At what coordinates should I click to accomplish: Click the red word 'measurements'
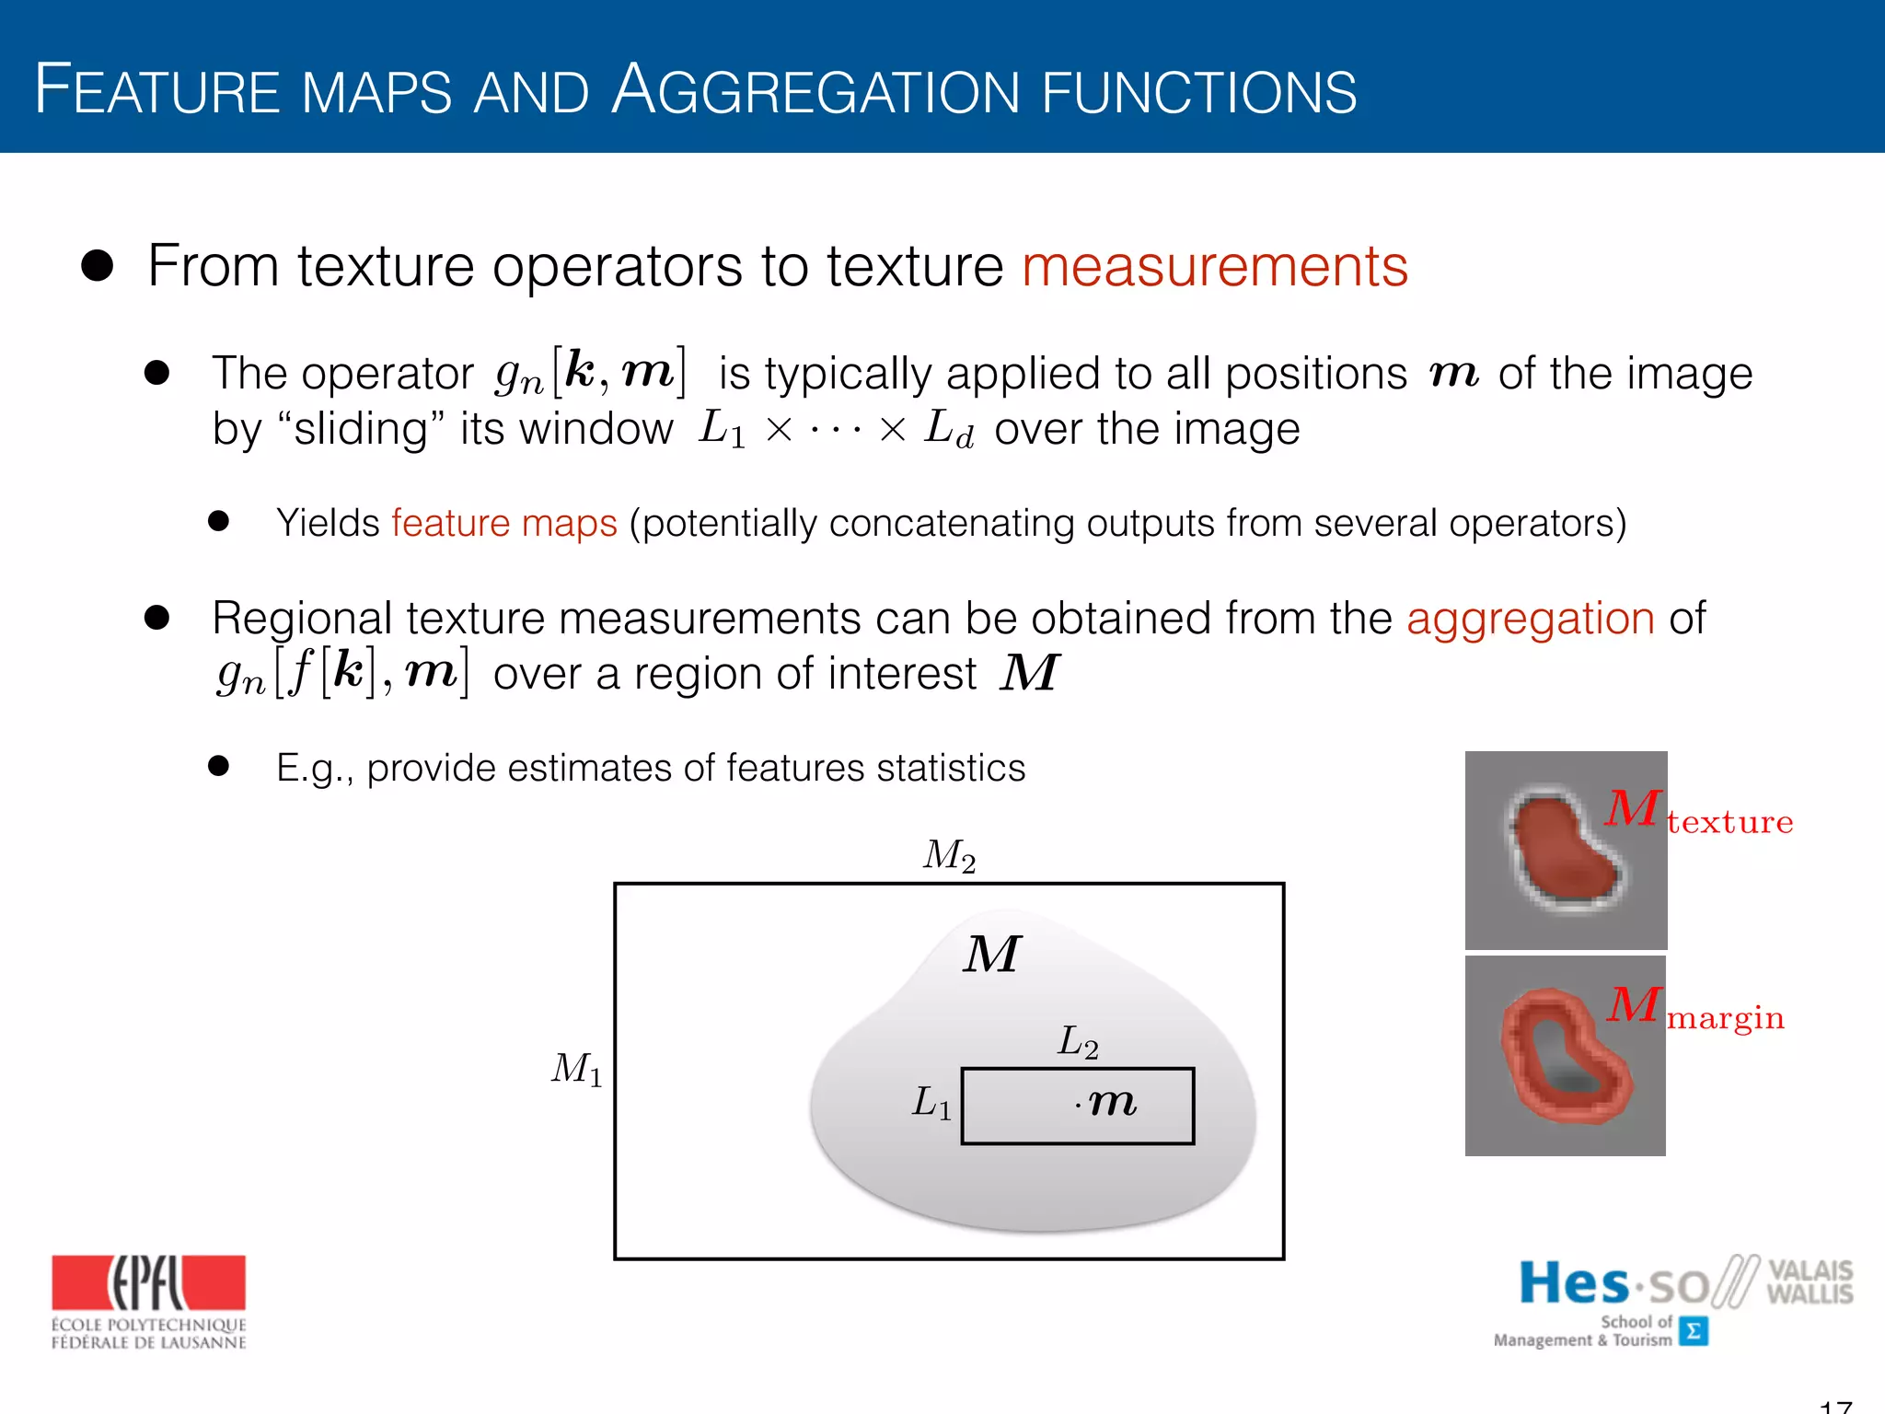(x=1215, y=267)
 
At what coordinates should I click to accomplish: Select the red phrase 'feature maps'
(x=503, y=523)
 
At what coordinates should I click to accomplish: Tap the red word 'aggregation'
(x=1530, y=618)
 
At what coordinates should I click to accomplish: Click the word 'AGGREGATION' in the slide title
(x=815, y=91)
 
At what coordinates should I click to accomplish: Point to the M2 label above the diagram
(x=949, y=855)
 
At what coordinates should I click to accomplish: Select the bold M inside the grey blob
(x=991, y=954)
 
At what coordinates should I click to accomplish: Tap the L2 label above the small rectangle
(x=1078, y=1043)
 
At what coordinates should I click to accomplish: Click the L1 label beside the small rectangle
(x=931, y=1102)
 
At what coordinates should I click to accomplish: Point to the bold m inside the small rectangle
(x=1112, y=1102)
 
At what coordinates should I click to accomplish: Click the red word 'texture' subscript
(x=1729, y=821)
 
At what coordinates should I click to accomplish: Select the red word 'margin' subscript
(x=1725, y=1017)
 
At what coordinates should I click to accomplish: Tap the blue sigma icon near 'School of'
(x=1693, y=1331)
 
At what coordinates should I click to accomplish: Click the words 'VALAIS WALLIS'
(x=1810, y=1281)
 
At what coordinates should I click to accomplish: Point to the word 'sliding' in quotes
(x=361, y=429)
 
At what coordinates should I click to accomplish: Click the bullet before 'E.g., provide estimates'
(x=218, y=767)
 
